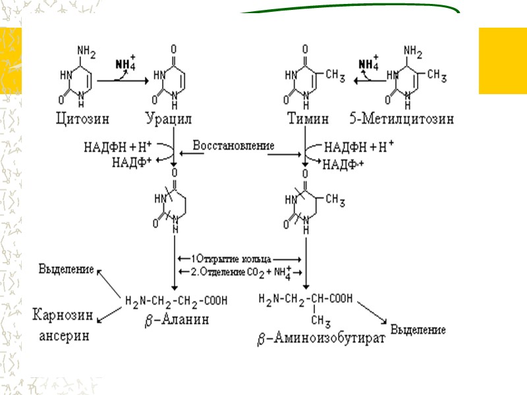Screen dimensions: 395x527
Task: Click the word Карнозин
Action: (63, 314)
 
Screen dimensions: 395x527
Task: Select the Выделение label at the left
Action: (65, 269)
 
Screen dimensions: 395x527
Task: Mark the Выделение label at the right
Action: (418, 329)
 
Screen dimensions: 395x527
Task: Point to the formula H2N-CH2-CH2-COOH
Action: (176, 301)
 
